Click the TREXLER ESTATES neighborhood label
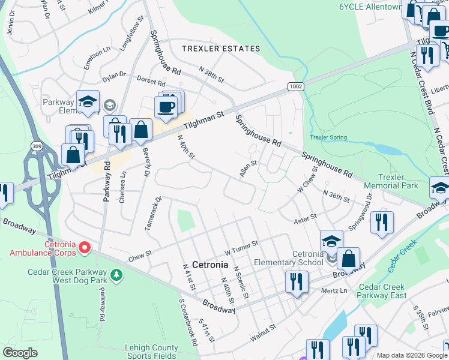pyautogui.click(x=222, y=49)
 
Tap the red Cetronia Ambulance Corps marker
pyautogui.click(x=85, y=247)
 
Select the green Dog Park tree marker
pyautogui.click(x=115, y=275)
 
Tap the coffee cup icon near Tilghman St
pyautogui.click(x=165, y=107)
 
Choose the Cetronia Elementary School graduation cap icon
pyautogui.click(x=331, y=241)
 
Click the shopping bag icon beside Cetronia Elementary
pyautogui.click(x=348, y=259)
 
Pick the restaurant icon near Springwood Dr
pyautogui.click(x=382, y=223)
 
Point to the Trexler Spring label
pyautogui.click(x=328, y=137)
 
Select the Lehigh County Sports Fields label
pyautogui.click(x=151, y=352)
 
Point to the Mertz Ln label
pyautogui.click(x=334, y=290)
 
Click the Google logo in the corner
pyautogui.click(x=20, y=353)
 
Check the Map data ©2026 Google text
pyautogui.click(x=412, y=355)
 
